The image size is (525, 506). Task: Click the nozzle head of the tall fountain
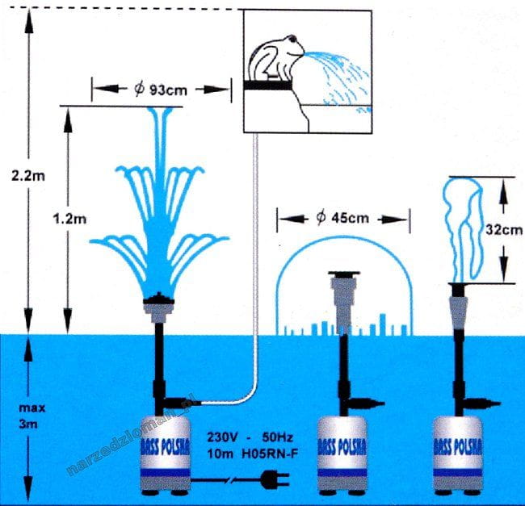coord(160,305)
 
